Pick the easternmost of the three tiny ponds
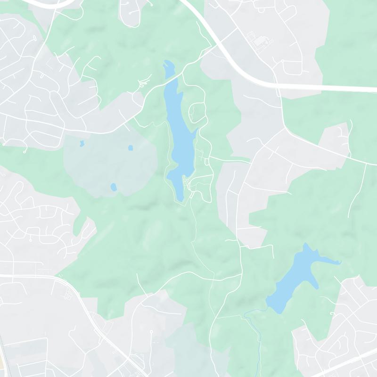pyautogui.click(x=131, y=148)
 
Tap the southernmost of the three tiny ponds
pyautogui.click(x=113, y=187)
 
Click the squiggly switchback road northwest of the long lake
pyautogui.click(x=140, y=85)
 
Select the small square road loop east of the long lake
pyautogui.click(x=207, y=162)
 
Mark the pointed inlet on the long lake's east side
pyautogui.click(x=195, y=132)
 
